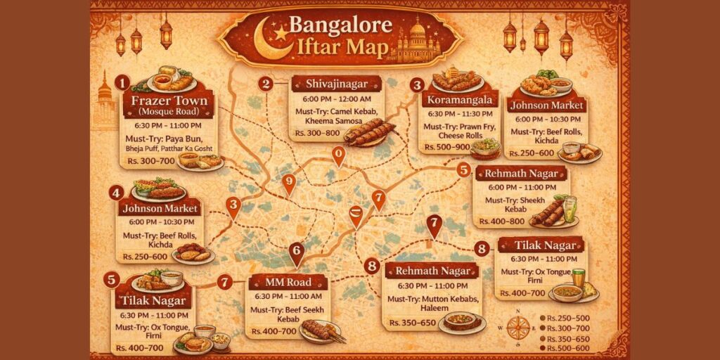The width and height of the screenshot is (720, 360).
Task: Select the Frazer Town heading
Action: (169, 100)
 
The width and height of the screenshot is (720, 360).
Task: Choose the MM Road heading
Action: (287, 283)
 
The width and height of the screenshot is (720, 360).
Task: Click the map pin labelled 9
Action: (288, 183)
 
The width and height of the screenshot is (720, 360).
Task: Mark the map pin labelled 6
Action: (296, 251)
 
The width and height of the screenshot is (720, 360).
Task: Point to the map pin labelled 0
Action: (339, 154)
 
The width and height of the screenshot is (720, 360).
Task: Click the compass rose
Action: (518, 326)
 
